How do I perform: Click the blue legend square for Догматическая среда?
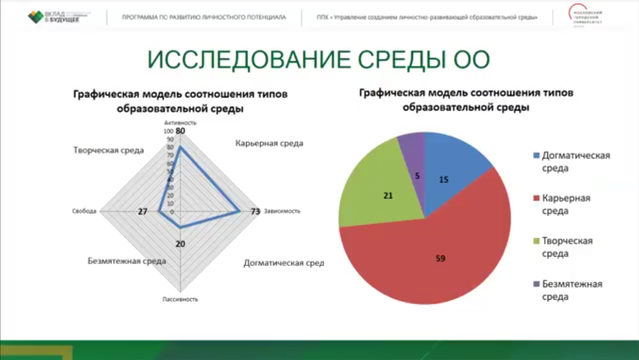pyautogui.click(x=536, y=156)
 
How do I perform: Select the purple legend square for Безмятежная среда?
pyautogui.click(x=536, y=284)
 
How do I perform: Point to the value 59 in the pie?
pyautogui.click(x=440, y=258)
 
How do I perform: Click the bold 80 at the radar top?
pyautogui.click(x=180, y=131)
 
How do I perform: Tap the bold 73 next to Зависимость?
pyautogui.click(x=255, y=212)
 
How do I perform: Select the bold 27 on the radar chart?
pyautogui.click(x=142, y=212)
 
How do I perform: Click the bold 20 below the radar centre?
pyautogui.click(x=180, y=244)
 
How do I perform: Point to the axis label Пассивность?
pyautogui.click(x=180, y=299)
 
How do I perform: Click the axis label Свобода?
pyautogui.click(x=84, y=212)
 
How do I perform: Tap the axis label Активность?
pyautogui.click(x=180, y=123)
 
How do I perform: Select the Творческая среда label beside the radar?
pyautogui.click(x=108, y=150)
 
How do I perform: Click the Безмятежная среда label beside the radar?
pyautogui.click(x=126, y=261)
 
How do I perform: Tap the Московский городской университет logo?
pyautogui.click(x=586, y=17)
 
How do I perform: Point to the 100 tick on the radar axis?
pyautogui.click(x=168, y=131)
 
